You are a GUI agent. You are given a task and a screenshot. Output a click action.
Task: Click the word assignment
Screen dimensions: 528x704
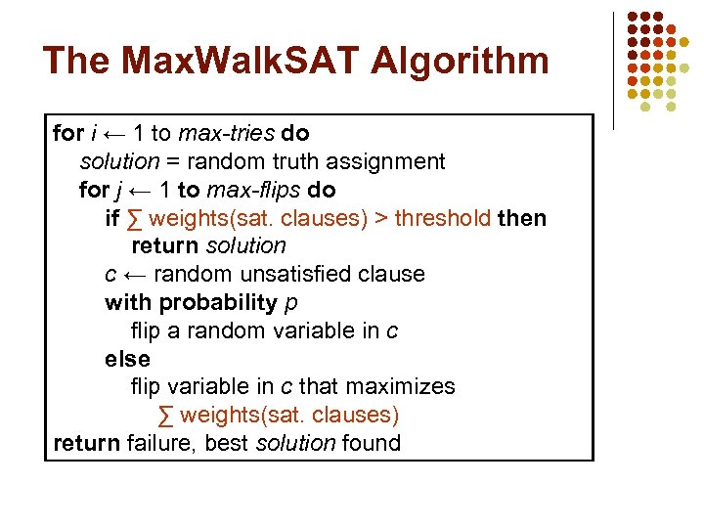click(x=388, y=161)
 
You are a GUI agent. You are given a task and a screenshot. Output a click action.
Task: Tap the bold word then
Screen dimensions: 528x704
click(x=522, y=218)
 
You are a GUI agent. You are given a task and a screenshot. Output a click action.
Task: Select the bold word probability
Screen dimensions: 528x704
click(x=218, y=302)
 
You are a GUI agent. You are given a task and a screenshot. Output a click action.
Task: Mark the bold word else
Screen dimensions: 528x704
click(x=127, y=359)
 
